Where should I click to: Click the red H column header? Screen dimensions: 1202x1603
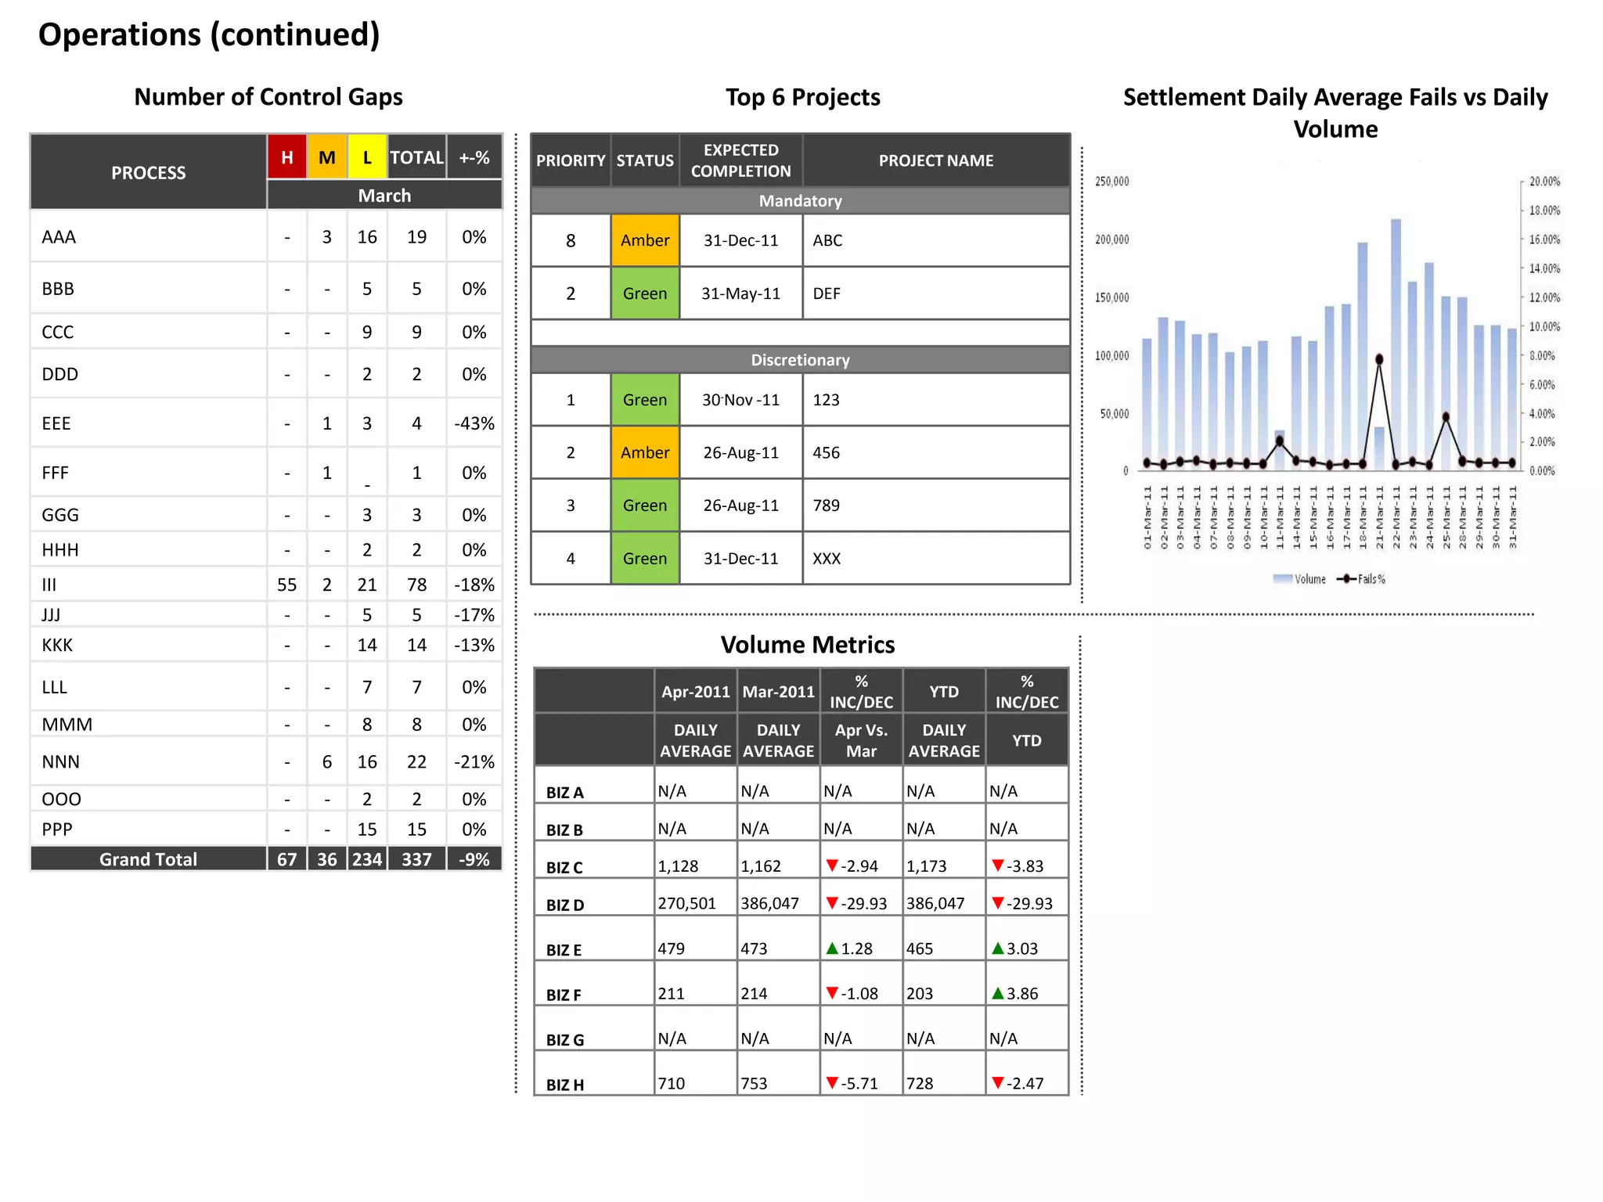(286, 157)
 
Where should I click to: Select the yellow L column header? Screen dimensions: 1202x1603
(367, 157)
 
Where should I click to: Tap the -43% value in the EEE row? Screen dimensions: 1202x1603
(474, 423)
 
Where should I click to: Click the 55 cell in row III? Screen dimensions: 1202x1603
(286, 585)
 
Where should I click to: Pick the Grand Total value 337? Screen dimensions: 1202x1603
(416, 859)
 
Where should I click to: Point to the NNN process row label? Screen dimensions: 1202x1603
(61, 761)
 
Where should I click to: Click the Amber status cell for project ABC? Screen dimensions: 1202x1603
(644, 240)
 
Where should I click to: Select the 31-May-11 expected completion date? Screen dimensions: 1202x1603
(740, 293)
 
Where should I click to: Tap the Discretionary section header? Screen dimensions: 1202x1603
(800, 360)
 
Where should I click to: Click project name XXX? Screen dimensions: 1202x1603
(827, 559)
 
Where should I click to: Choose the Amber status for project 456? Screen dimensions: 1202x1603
(644, 452)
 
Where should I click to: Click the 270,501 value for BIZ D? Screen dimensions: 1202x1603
(686, 903)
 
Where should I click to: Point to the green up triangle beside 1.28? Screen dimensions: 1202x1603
(832, 948)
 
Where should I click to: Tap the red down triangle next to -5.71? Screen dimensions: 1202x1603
(832, 1083)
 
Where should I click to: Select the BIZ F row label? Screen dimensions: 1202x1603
(564, 995)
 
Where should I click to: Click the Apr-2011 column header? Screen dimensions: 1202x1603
(695, 692)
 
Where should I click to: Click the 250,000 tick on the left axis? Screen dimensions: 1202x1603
(1111, 182)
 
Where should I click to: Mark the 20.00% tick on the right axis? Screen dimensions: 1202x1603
(1544, 182)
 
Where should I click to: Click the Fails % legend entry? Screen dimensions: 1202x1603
(1363, 579)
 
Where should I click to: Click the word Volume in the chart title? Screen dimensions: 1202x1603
(1335, 129)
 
